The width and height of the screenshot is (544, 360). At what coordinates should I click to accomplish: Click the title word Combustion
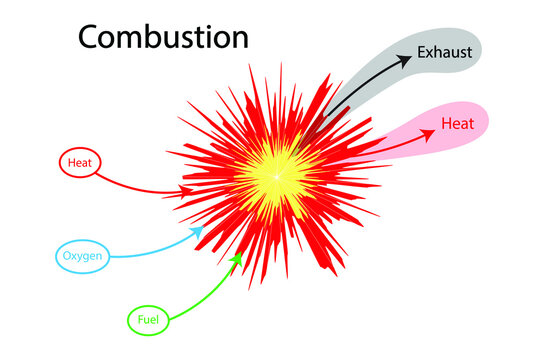coord(163,37)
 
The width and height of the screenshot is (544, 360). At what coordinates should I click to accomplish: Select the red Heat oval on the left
coord(76,162)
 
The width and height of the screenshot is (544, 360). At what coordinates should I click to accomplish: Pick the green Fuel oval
coord(148,321)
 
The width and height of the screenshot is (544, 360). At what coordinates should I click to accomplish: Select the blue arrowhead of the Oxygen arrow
coord(198,232)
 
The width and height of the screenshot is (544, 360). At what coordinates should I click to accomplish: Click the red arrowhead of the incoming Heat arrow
coord(187,189)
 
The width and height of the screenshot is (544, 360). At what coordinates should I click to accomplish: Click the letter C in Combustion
coord(90,37)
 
